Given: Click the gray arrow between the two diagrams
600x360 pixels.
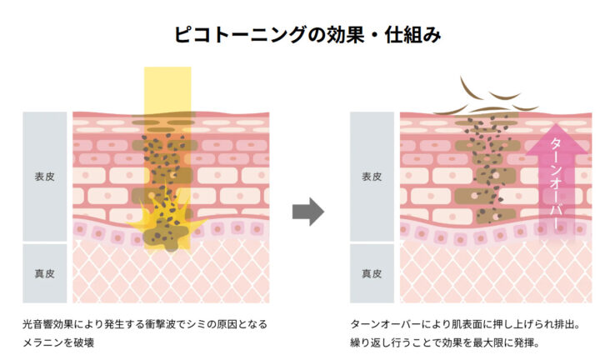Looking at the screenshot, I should [x=307, y=212].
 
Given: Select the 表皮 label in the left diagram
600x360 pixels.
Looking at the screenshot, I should [x=44, y=177].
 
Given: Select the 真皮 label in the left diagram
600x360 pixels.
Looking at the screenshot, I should [x=44, y=272].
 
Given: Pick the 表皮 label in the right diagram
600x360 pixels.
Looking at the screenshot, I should [x=372, y=177].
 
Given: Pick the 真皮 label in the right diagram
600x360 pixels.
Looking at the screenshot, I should [x=372, y=272].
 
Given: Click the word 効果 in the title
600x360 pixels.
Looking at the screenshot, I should [x=336, y=35].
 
